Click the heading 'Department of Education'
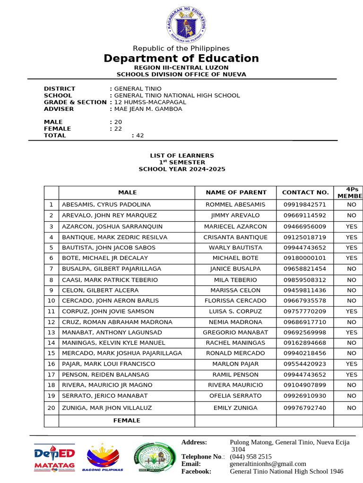point(181,58)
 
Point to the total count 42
point(139,135)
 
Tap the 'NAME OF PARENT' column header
point(236,192)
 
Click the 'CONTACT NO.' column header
point(305,192)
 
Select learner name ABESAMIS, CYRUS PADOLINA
point(106,205)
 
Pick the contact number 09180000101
point(305,258)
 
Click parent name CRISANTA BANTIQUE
point(235,237)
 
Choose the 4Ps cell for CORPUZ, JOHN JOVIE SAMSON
point(351,311)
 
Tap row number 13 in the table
point(52,333)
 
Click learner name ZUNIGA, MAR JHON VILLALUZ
point(107,408)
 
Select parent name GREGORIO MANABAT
point(235,333)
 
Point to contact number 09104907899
point(305,385)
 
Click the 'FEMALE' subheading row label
point(127,420)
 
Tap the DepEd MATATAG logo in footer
point(54,457)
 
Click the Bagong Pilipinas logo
point(103,457)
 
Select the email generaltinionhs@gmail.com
point(268,464)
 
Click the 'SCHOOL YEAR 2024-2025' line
point(181,169)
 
